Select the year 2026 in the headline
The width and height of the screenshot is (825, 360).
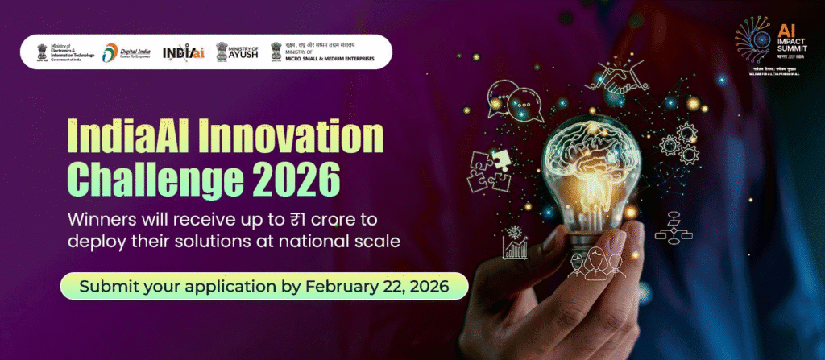pos(288,175)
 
